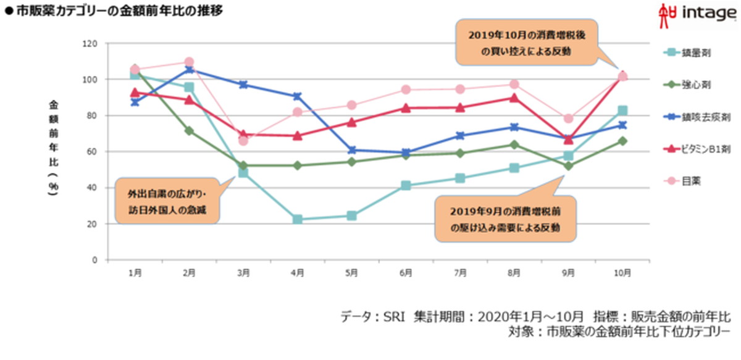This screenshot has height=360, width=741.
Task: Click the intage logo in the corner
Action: click(698, 13)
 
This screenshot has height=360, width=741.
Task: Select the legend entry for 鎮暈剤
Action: click(689, 53)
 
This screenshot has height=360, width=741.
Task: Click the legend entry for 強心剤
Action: click(689, 83)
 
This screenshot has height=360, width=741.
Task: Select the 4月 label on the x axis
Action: click(297, 273)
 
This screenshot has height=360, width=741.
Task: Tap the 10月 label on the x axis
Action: click(622, 273)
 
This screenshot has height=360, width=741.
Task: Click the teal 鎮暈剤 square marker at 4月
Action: click(298, 219)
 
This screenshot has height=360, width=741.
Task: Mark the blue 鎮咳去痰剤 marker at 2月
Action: click(189, 70)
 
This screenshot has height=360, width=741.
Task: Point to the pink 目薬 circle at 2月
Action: click(189, 62)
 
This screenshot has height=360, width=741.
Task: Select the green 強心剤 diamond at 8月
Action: click(514, 144)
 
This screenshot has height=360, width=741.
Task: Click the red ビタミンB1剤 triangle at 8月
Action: click(514, 98)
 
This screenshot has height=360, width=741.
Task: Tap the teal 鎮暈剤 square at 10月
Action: click(622, 111)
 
